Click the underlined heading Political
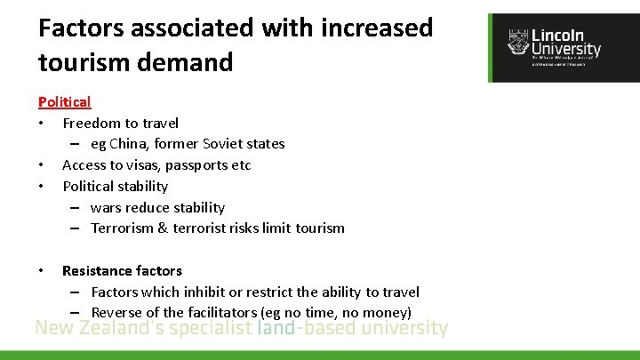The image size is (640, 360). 64,102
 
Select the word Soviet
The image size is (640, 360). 228,144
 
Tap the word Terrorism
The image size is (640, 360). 124,228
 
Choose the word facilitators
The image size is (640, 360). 222,313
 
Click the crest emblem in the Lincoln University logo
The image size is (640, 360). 516,42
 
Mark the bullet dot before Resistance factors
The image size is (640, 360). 42,271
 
